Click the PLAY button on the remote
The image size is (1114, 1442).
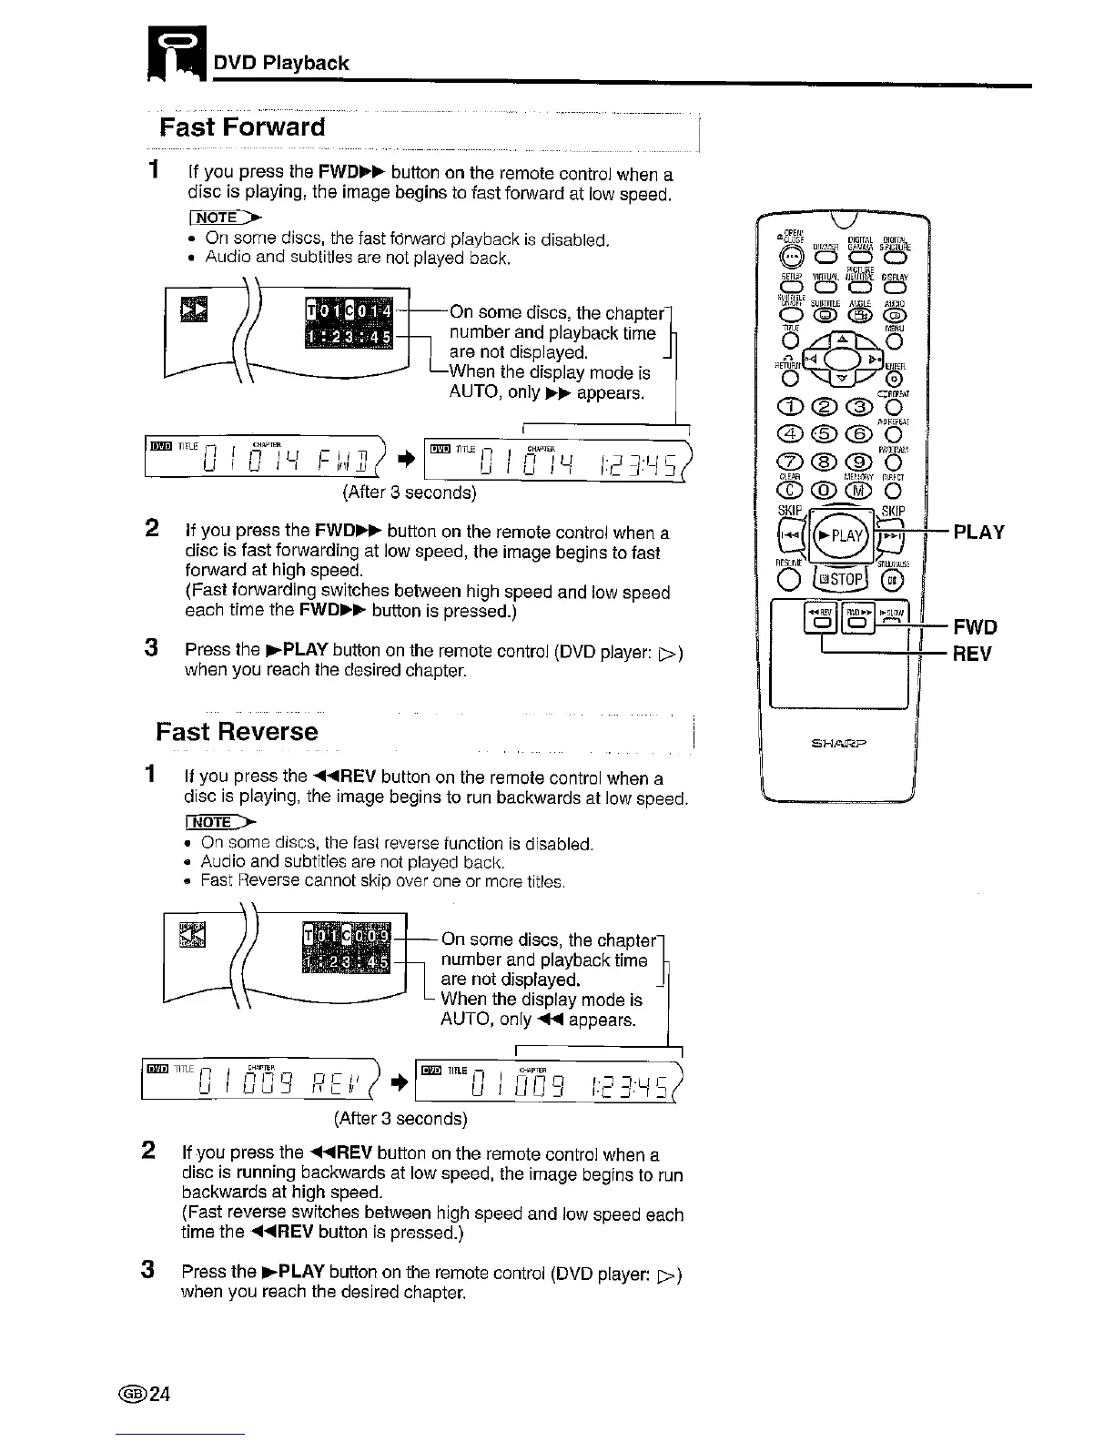point(841,535)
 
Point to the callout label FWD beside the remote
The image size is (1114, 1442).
point(975,626)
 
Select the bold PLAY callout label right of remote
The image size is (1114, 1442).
point(978,533)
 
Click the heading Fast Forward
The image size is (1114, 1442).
point(242,127)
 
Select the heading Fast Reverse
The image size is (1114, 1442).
point(237,732)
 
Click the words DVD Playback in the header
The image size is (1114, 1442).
point(281,63)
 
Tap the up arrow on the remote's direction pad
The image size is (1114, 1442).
point(841,335)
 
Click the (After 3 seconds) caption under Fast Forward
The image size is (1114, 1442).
point(409,493)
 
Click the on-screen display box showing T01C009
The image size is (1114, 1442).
point(347,949)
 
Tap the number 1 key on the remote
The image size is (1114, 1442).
point(787,406)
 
